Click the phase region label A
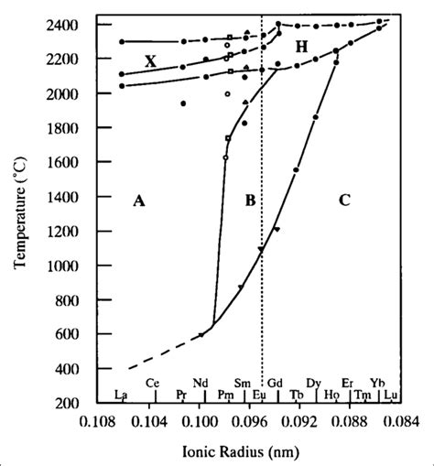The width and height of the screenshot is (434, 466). (138, 202)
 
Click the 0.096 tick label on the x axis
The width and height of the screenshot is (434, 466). (250, 424)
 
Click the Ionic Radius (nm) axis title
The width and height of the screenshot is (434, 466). (248, 451)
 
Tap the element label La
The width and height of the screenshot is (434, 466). (120, 396)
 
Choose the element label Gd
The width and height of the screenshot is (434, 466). (275, 383)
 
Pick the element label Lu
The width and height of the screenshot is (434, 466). (390, 396)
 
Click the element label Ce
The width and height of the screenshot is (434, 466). (153, 383)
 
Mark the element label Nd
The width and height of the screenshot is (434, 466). (201, 383)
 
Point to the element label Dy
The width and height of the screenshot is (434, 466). (313, 383)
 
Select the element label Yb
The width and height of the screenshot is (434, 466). (377, 383)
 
